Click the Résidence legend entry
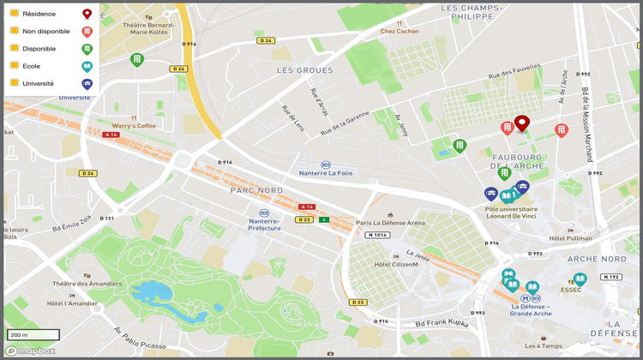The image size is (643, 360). [39, 15]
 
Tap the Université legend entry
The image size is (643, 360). [38, 83]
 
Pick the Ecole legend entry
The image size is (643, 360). [31, 66]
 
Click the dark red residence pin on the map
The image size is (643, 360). [521, 124]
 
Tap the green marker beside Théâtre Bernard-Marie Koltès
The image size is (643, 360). [137, 59]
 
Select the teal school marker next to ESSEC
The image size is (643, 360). [580, 279]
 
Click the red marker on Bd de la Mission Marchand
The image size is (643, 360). [562, 130]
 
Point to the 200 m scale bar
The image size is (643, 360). [33, 334]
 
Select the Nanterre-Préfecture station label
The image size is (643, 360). [264, 224]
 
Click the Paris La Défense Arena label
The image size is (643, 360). [391, 223]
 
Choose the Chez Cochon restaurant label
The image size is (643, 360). [400, 32]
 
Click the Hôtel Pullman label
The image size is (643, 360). [570, 237]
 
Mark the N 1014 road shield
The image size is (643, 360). [377, 235]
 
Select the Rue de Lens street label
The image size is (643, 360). [293, 120]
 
